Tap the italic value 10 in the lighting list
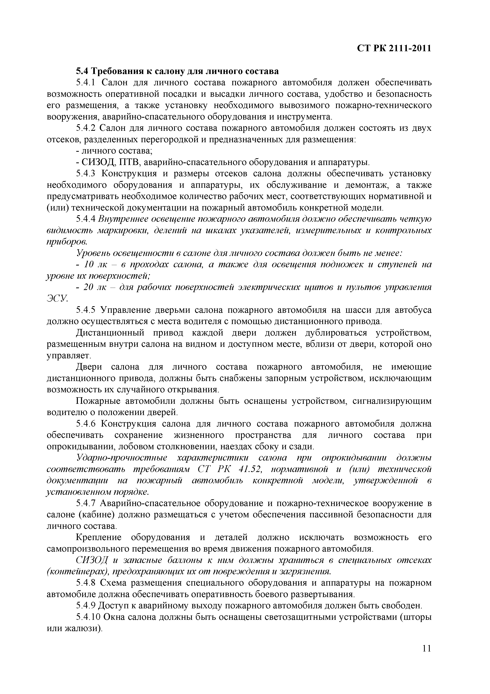coord(89,265)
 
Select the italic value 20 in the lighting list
coord(89,287)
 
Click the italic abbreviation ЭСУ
coord(57,299)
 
